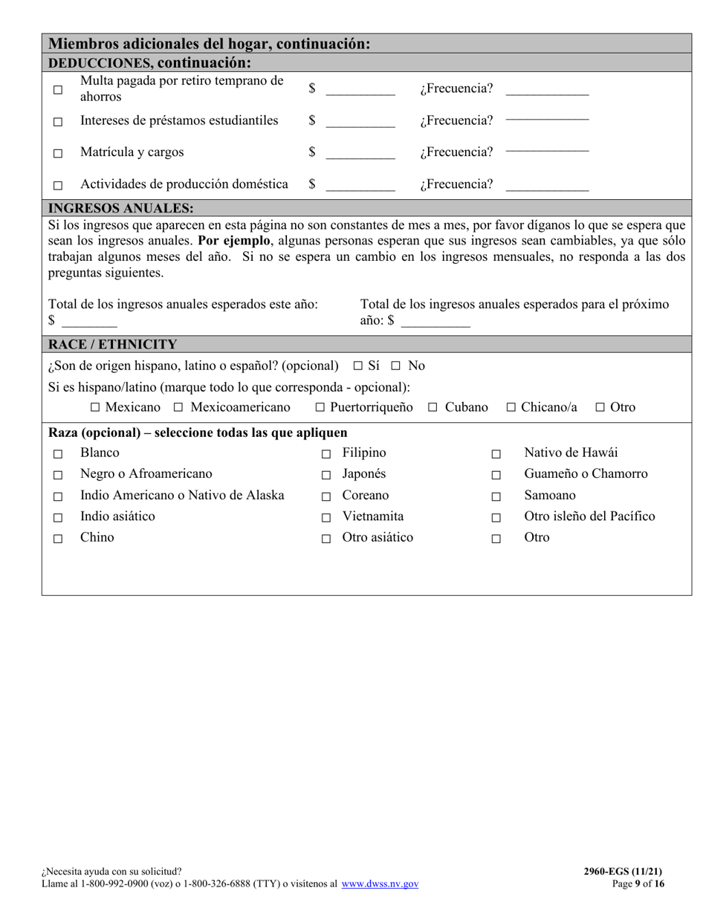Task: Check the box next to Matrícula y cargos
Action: tap(58, 154)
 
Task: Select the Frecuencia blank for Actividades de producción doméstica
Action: tap(547, 186)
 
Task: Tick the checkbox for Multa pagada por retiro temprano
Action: tap(58, 90)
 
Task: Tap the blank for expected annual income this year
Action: tap(89, 322)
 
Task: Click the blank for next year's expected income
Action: tap(435, 322)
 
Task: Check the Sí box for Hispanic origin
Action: tap(357, 366)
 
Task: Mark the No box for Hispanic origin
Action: tap(396, 366)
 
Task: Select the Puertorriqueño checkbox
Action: tap(320, 407)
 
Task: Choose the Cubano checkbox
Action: tap(433, 407)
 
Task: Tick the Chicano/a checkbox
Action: tap(511, 407)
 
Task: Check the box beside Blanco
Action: tap(58, 454)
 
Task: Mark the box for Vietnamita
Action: tap(326, 517)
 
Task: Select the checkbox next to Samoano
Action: tap(496, 496)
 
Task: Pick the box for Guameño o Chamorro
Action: tap(496, 475)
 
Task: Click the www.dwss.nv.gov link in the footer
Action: tap(380, 884)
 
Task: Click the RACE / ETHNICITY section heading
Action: tap(112, 344)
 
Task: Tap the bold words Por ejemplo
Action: tap(235, 241)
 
